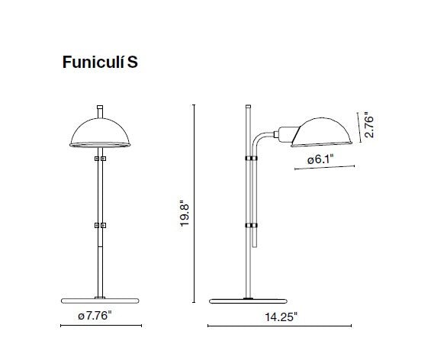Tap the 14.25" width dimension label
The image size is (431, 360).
coord(281,315)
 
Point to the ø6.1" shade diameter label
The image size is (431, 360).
coord(320,160)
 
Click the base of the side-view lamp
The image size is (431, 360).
coord(249,298)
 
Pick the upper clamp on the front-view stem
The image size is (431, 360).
coord(100,159)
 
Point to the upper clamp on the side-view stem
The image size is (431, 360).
coord(249,157)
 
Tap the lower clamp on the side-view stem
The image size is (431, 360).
coord(250,226)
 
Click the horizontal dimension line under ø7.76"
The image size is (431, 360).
coord(101,326)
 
